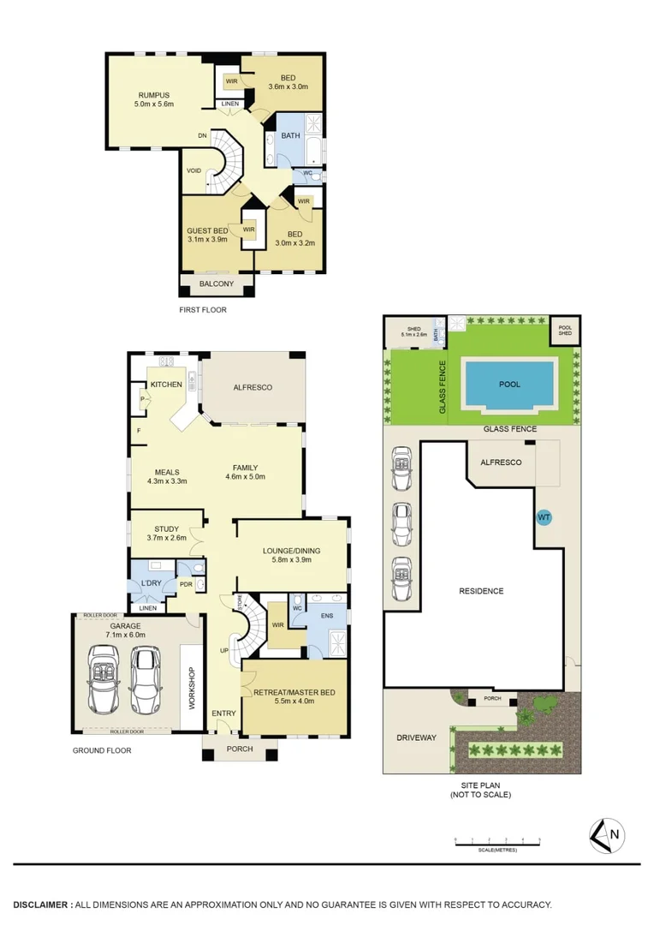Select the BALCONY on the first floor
click(x=217, y=284)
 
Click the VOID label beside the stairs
click(x=194, y=170)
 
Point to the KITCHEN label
click(x=166, y=385)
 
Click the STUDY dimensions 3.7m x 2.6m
click(x=166, y=539)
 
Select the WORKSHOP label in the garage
click(x=192, y=688)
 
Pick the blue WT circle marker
click(x=543, y=517)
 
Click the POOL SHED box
click(x=565, y=331)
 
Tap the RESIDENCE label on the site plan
click(x=481, y=591)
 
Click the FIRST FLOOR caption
click(x=203, y=310)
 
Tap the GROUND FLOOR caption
click(x=102, y=750)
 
